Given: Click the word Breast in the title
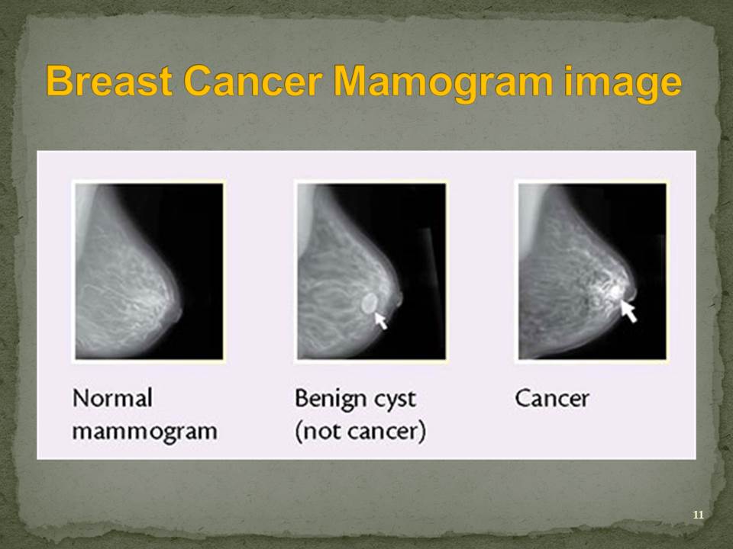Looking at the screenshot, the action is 109,81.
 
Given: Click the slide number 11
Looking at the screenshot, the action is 698,515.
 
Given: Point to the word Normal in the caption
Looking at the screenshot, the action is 113,398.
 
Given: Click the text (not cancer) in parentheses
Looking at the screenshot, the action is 360,432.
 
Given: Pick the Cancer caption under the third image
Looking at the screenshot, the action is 552,399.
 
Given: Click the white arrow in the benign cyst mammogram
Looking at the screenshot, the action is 381,321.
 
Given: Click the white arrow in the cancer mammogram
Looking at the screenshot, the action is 628,311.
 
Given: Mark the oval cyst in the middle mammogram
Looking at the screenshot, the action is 369,303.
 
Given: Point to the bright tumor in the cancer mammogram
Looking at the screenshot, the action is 613,291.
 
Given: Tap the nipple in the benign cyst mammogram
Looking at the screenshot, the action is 399,299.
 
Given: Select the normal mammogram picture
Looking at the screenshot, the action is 149,271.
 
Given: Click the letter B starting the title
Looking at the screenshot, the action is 57,81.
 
